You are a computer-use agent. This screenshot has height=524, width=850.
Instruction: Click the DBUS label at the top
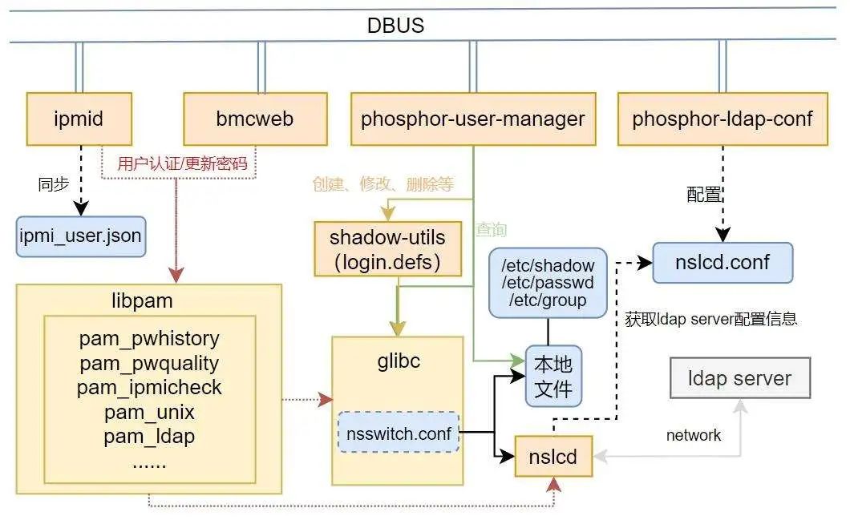(395, 26)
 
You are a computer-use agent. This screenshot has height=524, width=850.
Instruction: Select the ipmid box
(78, 119)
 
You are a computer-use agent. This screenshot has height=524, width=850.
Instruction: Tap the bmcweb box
(255, 119)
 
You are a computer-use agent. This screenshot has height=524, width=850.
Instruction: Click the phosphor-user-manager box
(473, 119)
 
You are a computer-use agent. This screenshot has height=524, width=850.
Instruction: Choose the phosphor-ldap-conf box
(722, 119)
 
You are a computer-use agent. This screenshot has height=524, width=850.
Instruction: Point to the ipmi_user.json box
(81, 236)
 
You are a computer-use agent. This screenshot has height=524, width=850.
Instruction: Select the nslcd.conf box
(722, 263)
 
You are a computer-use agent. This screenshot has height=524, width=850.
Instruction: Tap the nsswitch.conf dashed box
(399, 433)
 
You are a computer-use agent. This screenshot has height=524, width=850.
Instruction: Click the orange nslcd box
(552, 457)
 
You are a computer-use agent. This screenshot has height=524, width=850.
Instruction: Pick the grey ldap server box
(739, 378)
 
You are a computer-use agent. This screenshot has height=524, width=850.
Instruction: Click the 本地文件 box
(552, 377)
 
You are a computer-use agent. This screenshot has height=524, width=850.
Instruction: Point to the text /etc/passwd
(548, 283)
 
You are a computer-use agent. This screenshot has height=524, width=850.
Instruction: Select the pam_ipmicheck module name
(149, 389)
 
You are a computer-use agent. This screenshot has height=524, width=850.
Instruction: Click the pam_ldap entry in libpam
(149, 437)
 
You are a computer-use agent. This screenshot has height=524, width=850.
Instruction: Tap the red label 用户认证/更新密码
(181, 164)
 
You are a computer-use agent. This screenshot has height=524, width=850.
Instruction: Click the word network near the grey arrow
(694, 435)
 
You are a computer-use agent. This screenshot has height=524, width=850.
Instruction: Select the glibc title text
(398, 361)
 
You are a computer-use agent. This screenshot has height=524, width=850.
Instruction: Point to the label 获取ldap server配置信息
(710, 319)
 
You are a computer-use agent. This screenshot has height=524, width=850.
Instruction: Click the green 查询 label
(492, 230)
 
